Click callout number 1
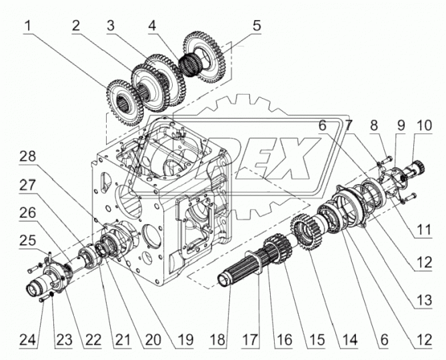[29, 27]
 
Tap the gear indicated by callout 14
[307, 236]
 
